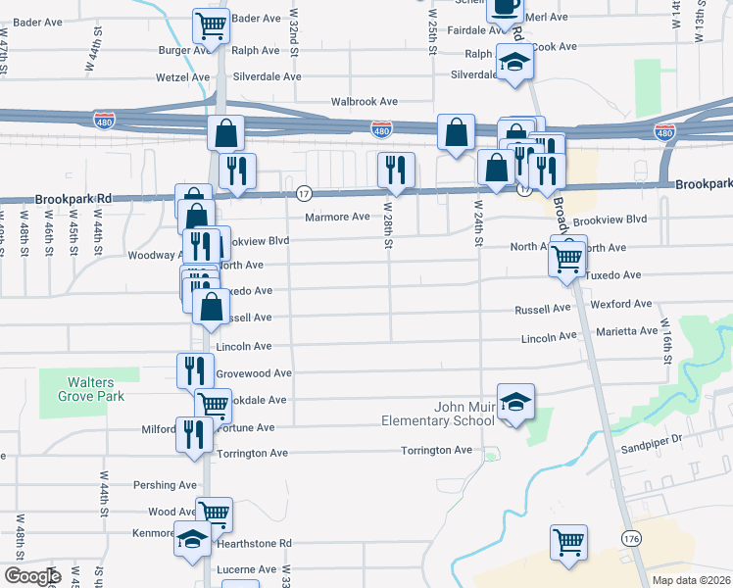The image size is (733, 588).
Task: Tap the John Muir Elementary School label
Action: (x=438, y=414)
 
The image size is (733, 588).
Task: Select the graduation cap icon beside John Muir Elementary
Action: (x=515, y=403)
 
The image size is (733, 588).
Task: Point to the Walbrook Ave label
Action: (x=364, y=101)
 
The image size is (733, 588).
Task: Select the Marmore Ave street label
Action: (x=337, y=217)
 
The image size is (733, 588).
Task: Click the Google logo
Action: (x=31, y=576)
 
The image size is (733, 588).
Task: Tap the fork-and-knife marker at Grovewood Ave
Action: (x=194, y=370)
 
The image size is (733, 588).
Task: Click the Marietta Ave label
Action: (x=627, y=331)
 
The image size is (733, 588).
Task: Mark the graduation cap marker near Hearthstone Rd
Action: (x=192, y=540)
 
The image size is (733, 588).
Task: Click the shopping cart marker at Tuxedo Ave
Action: (x=567, y=259)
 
